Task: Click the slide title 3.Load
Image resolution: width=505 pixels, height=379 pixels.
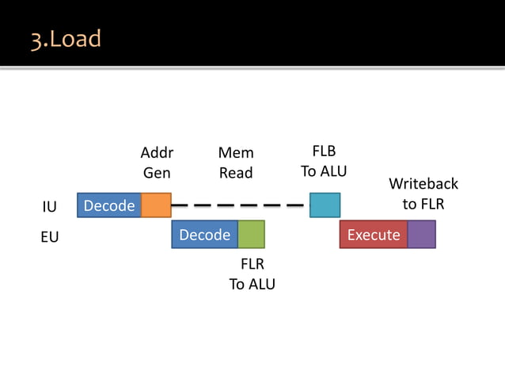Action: click(66, 39)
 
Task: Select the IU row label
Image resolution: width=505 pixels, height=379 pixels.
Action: click(49, 207)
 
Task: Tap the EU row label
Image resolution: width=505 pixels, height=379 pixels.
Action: click(49, 236)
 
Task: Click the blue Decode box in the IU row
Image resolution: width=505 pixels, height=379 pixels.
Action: click(109, 205)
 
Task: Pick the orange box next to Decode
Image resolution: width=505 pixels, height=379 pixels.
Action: click(156, 205)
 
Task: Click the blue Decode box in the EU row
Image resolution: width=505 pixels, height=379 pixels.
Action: click(205, 235)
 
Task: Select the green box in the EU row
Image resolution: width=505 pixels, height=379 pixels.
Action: click(251, 235)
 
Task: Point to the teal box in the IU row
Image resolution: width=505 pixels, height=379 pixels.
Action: click(325, 205)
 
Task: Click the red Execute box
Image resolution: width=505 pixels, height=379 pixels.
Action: click(374, 235)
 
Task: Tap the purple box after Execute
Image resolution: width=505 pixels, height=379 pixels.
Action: click(421, 235)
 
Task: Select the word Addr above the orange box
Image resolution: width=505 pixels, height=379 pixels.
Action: click(156, 152)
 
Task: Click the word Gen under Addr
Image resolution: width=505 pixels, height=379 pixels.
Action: click(156, 172)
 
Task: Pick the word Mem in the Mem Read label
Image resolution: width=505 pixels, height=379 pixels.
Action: click(236, 152)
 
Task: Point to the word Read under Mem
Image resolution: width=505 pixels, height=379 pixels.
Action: click(236, 172)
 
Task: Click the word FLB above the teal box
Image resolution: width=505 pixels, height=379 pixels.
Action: click(324, 151)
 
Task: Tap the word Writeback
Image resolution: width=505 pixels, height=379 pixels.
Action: click(423, 184)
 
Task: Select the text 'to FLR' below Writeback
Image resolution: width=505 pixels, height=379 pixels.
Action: click(423, 204)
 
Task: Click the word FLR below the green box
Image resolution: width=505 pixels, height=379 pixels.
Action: click(252, 264)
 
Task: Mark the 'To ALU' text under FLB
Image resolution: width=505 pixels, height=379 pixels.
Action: click(324, 171)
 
